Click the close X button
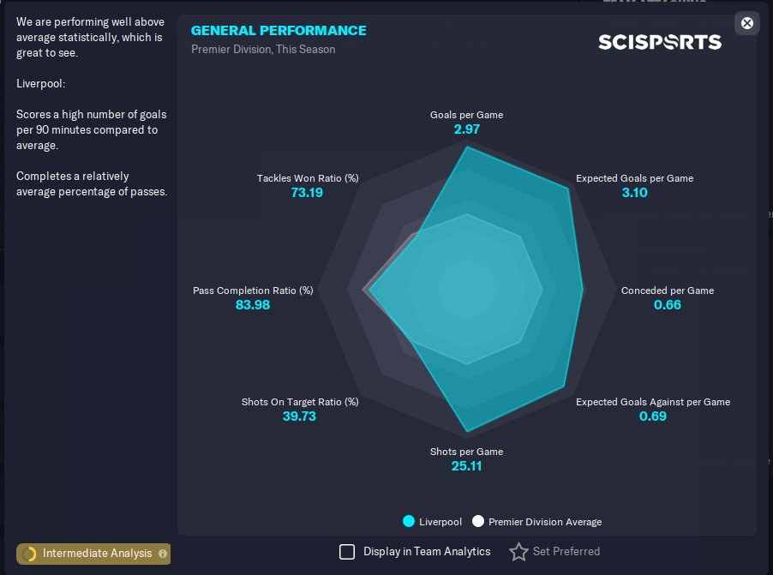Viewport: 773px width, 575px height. (747, 23)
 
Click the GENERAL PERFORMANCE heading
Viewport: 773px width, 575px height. (279, 31)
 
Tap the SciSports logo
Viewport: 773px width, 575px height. (660, 42)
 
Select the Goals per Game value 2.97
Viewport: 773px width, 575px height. (466, 129)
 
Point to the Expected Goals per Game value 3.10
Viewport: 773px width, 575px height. (634, 192)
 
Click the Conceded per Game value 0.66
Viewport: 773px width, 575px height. (667, 305)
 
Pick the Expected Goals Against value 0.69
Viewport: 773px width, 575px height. (653, 416)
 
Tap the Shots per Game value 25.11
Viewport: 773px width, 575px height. (466, 466)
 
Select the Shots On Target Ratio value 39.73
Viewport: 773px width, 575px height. (299, 416)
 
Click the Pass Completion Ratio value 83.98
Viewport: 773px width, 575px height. (253, 305)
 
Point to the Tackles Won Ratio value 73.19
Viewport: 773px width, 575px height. (307, 192)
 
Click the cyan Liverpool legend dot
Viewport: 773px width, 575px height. (409, 521)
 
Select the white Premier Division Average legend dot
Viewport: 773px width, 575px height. (477, 521)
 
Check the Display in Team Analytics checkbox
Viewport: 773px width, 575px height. (347, 552)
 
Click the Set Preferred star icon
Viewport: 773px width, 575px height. (518, 552)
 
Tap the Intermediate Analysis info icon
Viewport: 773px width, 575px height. (163, 554)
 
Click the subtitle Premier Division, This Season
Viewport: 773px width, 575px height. (263, 50)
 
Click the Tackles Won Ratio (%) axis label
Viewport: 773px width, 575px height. (308, 178)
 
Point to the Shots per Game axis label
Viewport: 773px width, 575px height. (466, 452)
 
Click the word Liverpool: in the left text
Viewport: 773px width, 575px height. (41, 83)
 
